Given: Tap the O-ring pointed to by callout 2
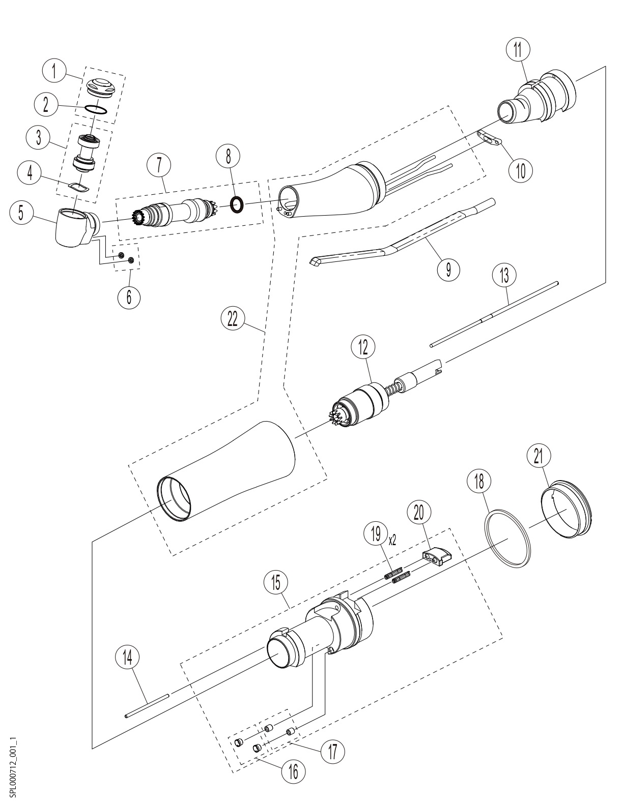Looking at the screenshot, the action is [x=96, y=109].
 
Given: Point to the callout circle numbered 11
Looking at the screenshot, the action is [x=518, y=50].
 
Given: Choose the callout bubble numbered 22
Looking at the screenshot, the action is [x=232, y=318].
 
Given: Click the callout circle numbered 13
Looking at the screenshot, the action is [x=504, y=275].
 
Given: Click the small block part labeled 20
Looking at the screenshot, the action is [x=437, y=556].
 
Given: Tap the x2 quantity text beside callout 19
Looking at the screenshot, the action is [x=392, y=541].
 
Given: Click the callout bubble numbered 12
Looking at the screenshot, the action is [x=363, y=348].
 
